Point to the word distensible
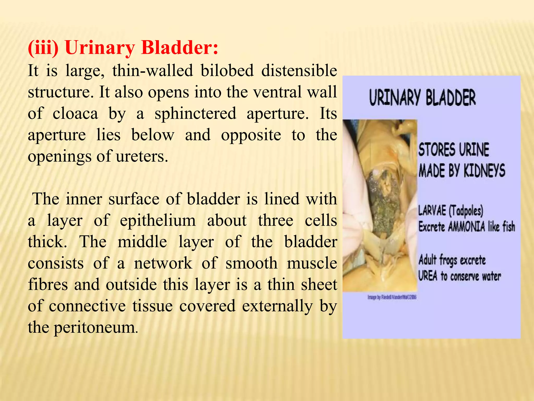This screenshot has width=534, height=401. [299, 70]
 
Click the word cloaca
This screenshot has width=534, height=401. [75, 114]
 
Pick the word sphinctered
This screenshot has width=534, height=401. [195, 114]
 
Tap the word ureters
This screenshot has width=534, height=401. [142, 156]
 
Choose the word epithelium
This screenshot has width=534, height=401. [158, 221]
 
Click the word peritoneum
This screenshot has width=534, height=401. [96, 327]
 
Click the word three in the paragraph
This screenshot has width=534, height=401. [276, 221]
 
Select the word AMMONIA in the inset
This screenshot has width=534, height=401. [466, 227]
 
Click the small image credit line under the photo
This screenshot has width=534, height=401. [392, 297]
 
